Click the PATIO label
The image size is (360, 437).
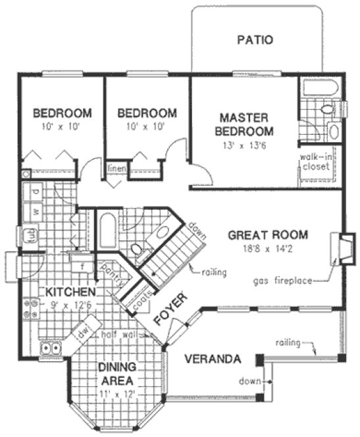(x=254, y=40)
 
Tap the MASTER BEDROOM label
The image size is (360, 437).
(x=244, y=124)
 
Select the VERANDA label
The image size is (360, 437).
(x=211, y=359)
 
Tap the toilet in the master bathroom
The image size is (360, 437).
(x=326, y=109)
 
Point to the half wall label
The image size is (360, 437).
(x=120, y=334)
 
